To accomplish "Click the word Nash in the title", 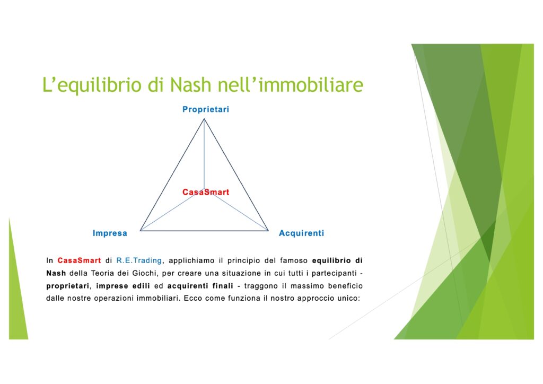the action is (190, 85).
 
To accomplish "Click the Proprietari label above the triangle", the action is (206, 109).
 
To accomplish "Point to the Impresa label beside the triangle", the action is (110, 233).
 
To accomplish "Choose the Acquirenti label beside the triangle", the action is (301, 233).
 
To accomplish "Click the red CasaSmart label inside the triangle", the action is (206, 192).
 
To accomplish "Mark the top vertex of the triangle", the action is (204, 119).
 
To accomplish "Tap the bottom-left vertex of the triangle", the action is (140, 230).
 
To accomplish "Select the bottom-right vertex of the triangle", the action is (268, 230).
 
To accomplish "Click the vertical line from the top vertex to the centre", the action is (204, 154).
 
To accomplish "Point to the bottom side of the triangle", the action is (204, 230).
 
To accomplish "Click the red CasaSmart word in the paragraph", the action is (79, 260).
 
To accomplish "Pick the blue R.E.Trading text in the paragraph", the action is (139, 260).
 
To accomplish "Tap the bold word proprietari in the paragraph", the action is (68, 286).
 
